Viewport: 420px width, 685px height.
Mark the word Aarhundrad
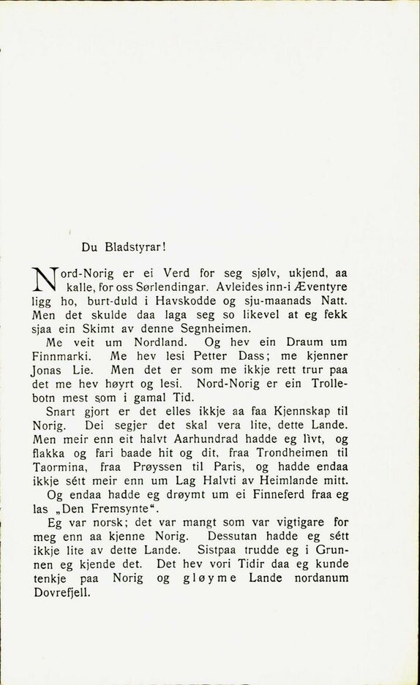coord(200,439)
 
